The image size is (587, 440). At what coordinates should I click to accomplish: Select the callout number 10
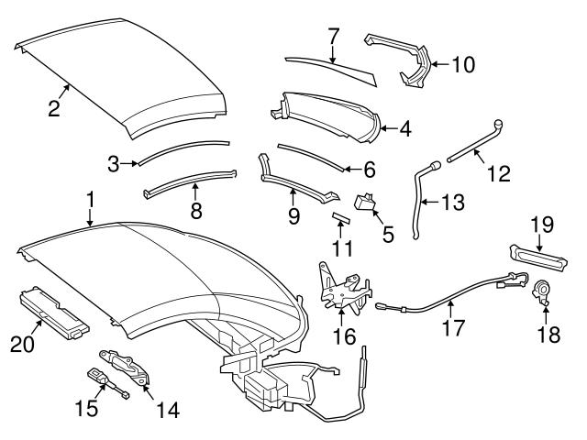(464, 64)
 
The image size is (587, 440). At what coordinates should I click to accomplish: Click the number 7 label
(334, 37)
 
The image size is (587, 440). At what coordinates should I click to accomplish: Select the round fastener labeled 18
(542, 291)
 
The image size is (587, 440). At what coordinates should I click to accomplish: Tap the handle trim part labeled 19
(533, 254)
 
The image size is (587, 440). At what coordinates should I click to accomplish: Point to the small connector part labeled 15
(98, 376)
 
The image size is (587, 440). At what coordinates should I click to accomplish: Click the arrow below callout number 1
(90, 218)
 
